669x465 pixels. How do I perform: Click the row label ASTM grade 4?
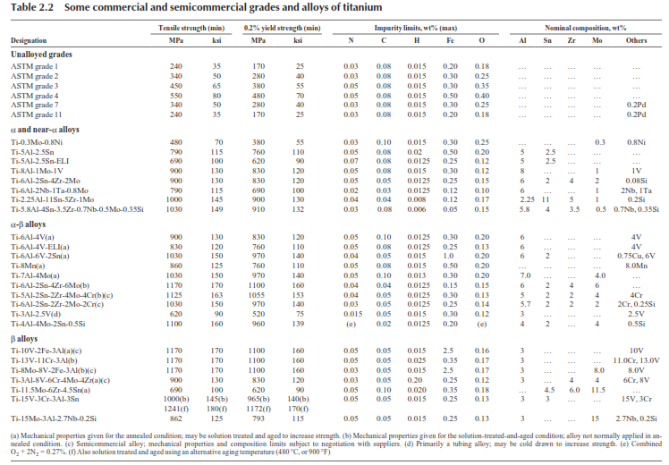pos(35,96)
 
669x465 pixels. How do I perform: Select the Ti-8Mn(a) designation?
pos(28,266)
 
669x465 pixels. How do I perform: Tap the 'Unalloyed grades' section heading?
pos(41,55)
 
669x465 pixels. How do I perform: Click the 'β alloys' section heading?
pos(24,339)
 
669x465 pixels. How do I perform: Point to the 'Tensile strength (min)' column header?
pos(191,28)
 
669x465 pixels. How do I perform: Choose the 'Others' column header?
pos(636,40)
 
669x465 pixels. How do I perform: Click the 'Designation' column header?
pos(29,40)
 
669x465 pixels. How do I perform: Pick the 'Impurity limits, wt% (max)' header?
pos(416,28)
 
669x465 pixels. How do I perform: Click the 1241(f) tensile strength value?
pos(176,409)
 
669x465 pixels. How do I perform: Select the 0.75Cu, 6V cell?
pos(636,256)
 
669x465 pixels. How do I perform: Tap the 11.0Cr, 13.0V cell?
pos(636,360)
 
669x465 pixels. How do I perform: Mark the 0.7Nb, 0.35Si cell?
pos(636,209)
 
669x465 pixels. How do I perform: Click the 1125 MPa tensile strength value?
pos(176,295)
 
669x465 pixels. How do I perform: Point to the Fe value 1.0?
pos(448,256)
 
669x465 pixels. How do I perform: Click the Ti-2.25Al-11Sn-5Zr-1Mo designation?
pos(53,199)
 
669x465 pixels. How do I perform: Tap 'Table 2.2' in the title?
pos(32,7)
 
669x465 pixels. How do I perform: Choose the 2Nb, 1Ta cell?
pos(636,190)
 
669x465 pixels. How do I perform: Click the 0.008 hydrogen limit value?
pos(417,199)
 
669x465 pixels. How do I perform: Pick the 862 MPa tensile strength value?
pos(176,418)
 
